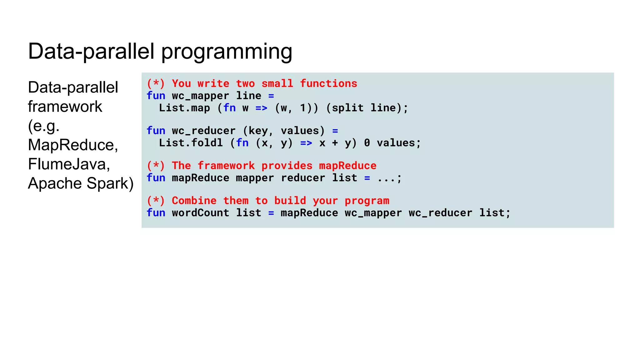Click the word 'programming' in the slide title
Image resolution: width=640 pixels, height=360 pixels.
pos(227,52)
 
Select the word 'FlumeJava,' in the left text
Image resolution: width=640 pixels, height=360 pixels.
pos(69,164)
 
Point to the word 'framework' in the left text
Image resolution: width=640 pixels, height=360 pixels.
pos(65,107)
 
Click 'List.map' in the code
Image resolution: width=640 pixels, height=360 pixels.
pos(184,108)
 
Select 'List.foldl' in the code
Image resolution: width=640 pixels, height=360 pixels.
pos(191,143)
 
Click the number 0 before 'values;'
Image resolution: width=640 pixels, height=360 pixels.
pos(367,143)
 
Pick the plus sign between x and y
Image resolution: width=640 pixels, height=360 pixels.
pos(335,143)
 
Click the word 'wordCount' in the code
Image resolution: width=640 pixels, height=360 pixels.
pos(200,213)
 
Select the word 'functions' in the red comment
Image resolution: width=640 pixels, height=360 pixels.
pos(328,84)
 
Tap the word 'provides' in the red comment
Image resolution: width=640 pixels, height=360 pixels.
pos(287,166)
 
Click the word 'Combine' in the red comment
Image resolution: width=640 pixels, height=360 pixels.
pos(194,201)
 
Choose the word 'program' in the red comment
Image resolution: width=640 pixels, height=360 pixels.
pos(367,201)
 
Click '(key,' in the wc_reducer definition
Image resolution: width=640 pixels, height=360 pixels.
pos(258,131)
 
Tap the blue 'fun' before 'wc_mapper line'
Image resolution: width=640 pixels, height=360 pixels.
pos(156,96)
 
